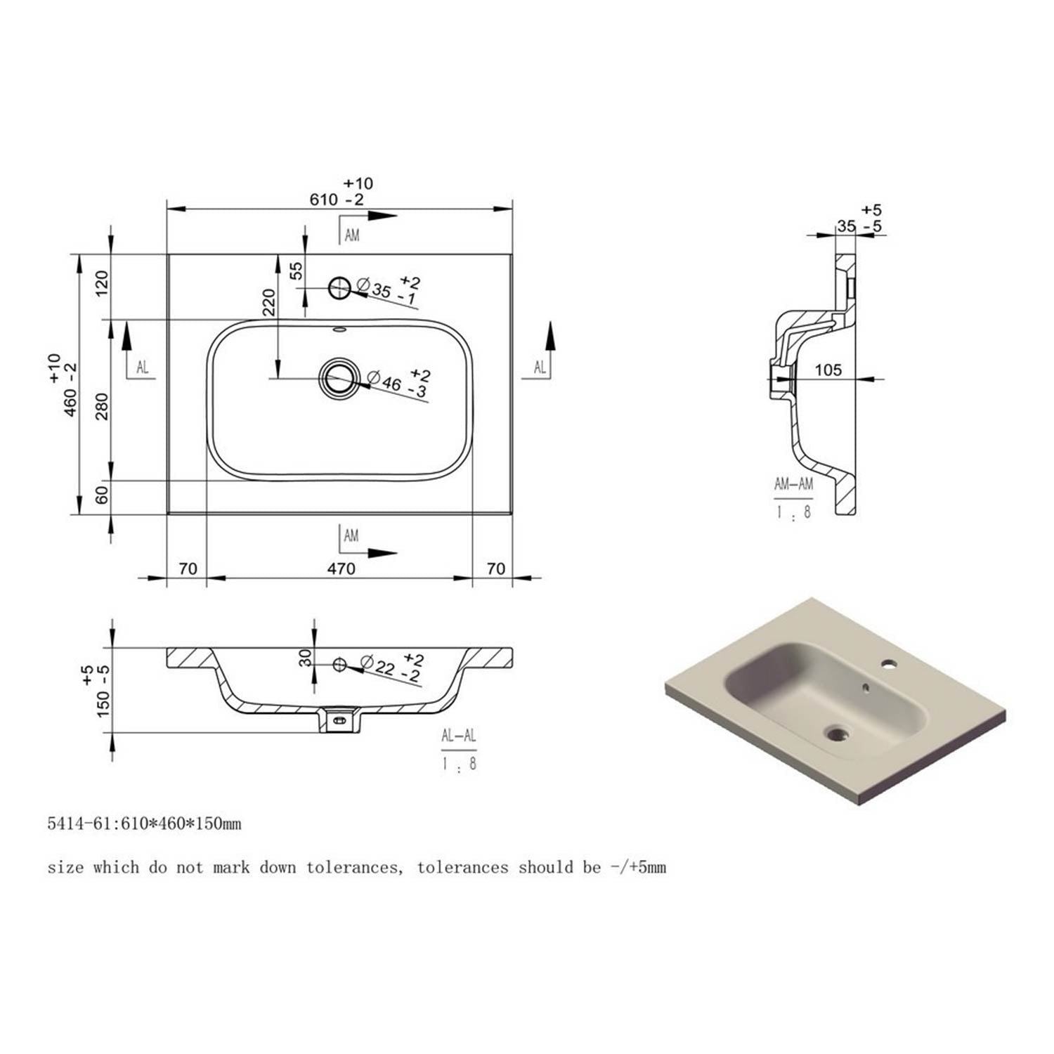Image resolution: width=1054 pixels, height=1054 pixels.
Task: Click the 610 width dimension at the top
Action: pyautogui.click(x=325, y=200)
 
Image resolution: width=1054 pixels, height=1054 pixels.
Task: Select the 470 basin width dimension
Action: pyautogui.click(x=341, y=568)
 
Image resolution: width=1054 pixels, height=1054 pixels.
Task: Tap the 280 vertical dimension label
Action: pyautogui.click(x=103, y=406)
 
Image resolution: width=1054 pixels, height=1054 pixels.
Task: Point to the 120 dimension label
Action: pyautogui.click(x=103, y=282)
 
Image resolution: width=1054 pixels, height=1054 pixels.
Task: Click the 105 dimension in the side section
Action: pyautogui.click(x=828, y=370)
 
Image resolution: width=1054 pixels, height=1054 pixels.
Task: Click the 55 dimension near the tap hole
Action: pyautogui.click(x=297, y=271)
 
